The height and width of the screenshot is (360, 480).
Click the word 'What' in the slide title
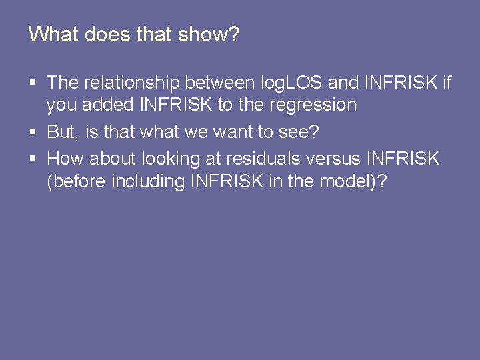pyautogui.click(x=54, y=35)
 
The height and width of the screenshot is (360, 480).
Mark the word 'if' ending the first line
pyautogui.click(x=446, y=83)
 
